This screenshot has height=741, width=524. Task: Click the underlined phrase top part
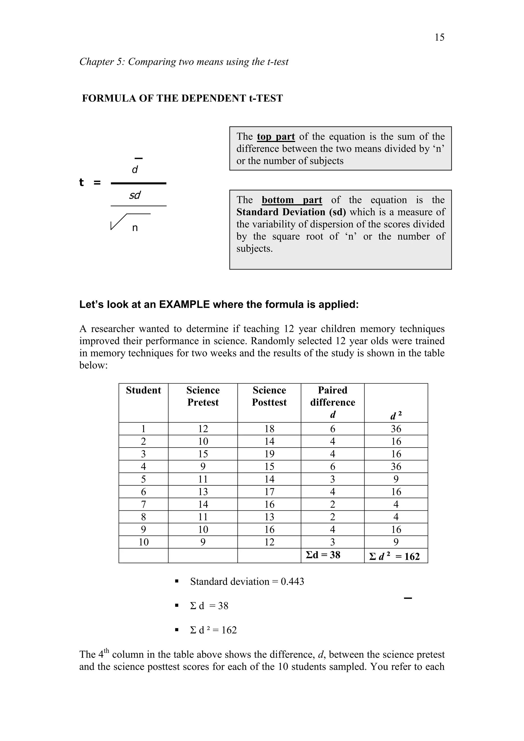click(x=276, y=137)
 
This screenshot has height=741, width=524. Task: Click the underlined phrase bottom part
click(x=291, y=200)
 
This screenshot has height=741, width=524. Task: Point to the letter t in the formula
click(x=81, y=182)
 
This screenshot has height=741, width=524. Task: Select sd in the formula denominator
click(x=135, y=195)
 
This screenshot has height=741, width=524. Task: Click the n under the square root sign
click(x=135, y=228)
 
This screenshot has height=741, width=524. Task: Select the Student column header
click(x=143, y=390)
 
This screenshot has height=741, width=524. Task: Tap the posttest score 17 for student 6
click(x=269, y=492)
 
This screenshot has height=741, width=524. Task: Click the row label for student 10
click(x=143, y=542)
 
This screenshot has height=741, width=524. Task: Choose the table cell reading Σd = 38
click(x=323, y=555)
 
